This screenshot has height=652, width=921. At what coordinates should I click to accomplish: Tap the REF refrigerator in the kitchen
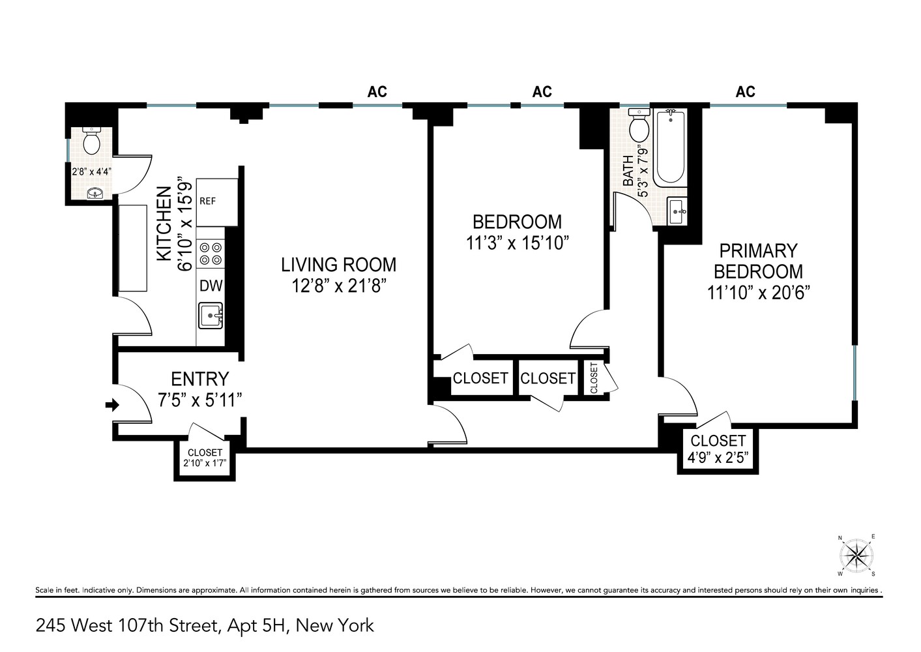click(x=216, y=201)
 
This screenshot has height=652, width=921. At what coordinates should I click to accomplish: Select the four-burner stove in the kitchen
click(x=210, y=254)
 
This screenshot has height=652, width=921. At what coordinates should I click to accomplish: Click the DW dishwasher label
click(x=211, y=286)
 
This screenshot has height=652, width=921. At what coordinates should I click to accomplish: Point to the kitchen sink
click(x=211, y=316)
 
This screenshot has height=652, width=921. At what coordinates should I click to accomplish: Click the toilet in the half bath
click(x=91, y=140)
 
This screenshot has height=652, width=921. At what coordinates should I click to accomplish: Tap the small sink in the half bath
click(x=95, y=194)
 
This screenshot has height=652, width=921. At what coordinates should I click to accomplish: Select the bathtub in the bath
click(x=669, y=149)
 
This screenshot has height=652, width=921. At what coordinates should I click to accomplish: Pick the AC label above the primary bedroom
click(x=745, y=92)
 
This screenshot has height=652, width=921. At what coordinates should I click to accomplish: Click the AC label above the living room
click(x=377, y=92)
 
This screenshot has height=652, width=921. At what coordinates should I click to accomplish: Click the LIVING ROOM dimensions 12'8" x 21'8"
click(x=338, y=286)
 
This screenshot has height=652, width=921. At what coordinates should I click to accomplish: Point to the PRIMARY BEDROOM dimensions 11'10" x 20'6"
click(x=757, y=293)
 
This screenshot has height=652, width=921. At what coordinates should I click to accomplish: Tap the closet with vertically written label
click(x=594, y=378)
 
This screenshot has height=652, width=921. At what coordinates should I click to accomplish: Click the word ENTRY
click(x=199, y=379)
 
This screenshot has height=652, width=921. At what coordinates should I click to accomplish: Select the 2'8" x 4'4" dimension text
click(x=91, y=172)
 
